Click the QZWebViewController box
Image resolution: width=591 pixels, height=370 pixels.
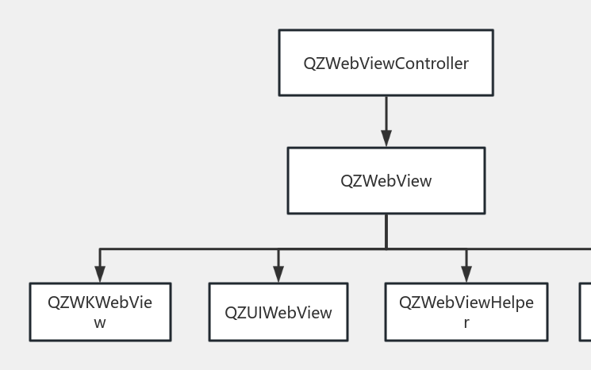386,63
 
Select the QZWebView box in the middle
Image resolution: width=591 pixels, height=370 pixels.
386,180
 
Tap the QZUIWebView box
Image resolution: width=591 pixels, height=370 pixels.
278,312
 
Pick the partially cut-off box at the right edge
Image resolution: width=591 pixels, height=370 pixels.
585,312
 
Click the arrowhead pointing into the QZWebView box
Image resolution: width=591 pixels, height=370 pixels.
386,138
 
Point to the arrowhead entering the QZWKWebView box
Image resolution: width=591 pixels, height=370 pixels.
100,274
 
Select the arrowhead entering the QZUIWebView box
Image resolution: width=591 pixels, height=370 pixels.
278,274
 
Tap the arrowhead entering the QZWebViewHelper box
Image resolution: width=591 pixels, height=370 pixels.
466,274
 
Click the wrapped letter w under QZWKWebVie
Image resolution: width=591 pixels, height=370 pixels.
100,322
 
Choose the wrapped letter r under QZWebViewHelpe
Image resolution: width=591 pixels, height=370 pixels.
466,322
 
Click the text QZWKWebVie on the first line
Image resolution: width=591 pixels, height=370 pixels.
100,303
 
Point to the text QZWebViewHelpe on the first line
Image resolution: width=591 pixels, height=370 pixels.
466,303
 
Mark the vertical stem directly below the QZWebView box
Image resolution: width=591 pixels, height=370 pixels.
386,230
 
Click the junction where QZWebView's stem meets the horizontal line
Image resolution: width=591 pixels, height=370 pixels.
386,249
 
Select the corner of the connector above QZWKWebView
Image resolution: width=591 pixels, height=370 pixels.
100,249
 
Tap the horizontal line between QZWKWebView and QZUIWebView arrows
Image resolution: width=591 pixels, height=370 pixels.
189,249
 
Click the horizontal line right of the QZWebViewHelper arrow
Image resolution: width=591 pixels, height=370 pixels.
528,249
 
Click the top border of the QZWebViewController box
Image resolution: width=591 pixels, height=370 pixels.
386,30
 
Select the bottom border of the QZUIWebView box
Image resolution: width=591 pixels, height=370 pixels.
278,340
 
